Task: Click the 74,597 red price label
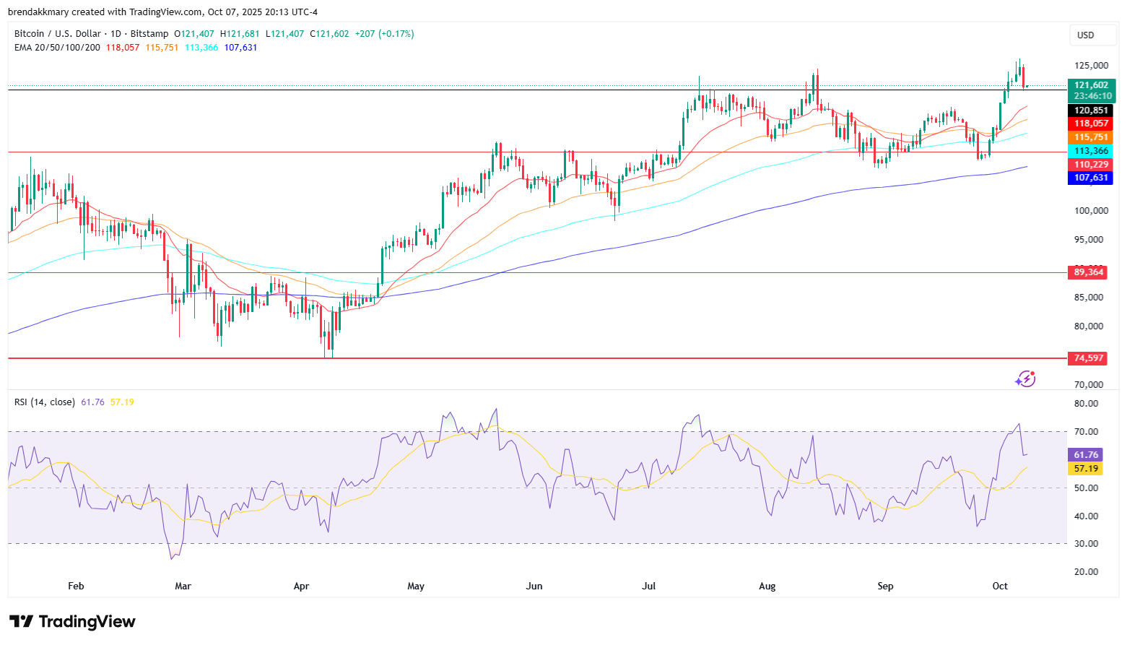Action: pos(1089,358)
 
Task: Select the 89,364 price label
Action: pos(1089,272)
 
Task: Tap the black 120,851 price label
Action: pos(1090,111)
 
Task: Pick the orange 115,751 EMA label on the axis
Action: pos(1090,137)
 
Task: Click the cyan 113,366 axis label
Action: pos(1090,151)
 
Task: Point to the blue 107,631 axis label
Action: pos(1090,178)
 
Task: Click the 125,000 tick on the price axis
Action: pos(1091,66)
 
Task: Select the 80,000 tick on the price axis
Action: pos(1089,326)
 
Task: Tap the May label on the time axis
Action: pos(416,586)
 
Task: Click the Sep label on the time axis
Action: pos(885,586)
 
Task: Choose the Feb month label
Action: pos(76,586)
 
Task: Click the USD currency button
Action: pos(1085,35)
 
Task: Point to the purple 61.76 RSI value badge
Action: pos(1085,455)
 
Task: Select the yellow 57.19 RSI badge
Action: pos(1085,469)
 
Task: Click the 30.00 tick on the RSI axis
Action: pos(1086,544)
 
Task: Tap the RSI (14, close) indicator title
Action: pos(45,402)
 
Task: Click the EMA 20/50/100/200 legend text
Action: pos(57,48)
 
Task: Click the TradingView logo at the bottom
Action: pos(72,622)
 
